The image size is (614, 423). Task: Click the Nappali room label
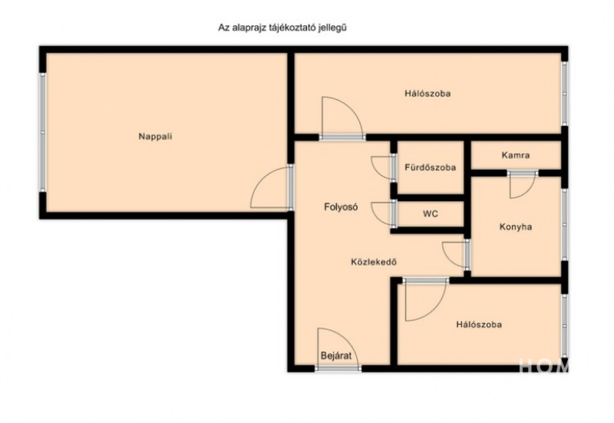(155, 137)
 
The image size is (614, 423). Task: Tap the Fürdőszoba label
(431, 167)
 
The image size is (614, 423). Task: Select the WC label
(431, 214)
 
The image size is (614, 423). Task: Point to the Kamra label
(516, 155)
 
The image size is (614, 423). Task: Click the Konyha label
(516, 227)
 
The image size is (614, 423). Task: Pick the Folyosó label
(341, 207)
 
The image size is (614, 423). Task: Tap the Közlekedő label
(374, 262)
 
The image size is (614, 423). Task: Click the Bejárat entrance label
(336, 356)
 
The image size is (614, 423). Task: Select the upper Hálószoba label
(428, 94)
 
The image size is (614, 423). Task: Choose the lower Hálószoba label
(479, 325)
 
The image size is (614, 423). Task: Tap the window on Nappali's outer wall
(43, 132)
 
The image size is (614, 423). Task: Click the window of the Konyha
(564, 224)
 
